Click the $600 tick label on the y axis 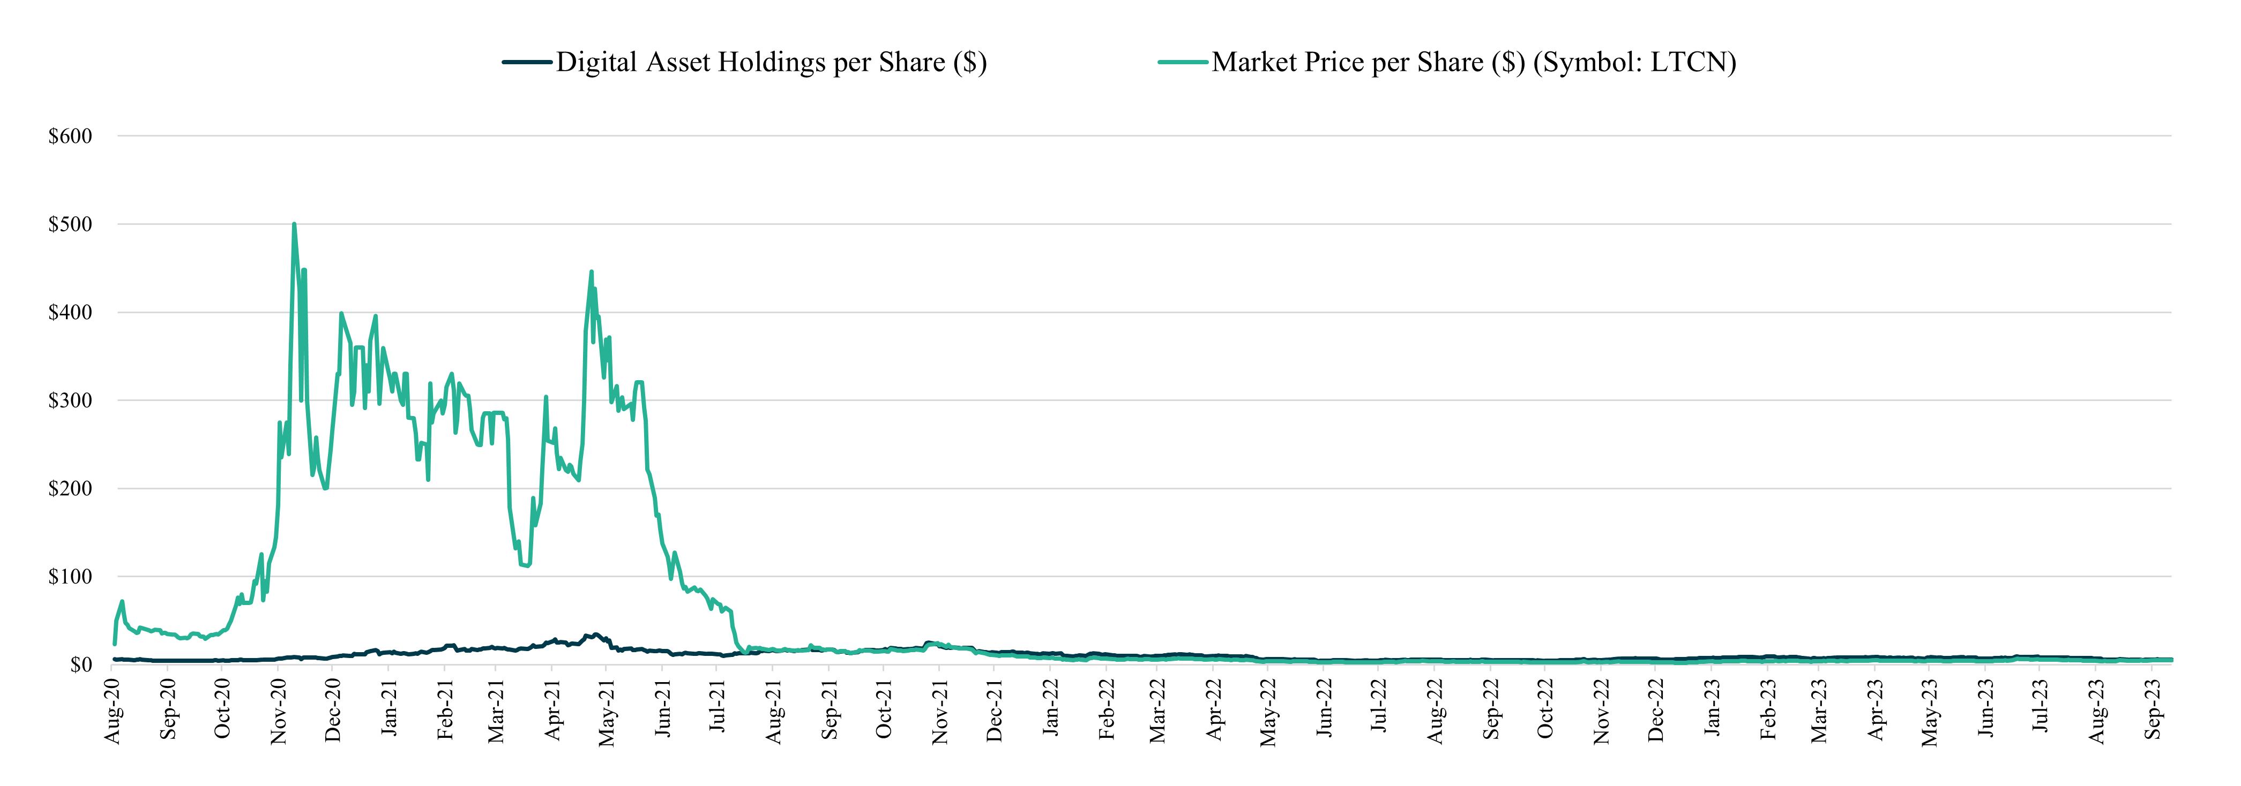tap(70, 137)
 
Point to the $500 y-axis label tap(70, 224)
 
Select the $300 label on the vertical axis tap(70, 401)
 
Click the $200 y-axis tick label tap(70, 489)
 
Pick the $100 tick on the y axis tap(70, 577)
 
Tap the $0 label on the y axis tap(80, 665)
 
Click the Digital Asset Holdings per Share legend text tap(771, 63)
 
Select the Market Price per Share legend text tap(1474, 63)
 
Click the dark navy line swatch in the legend tap(527, 63)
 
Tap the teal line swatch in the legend tap(1183, 63)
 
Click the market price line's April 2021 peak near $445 tap(592, 272)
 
